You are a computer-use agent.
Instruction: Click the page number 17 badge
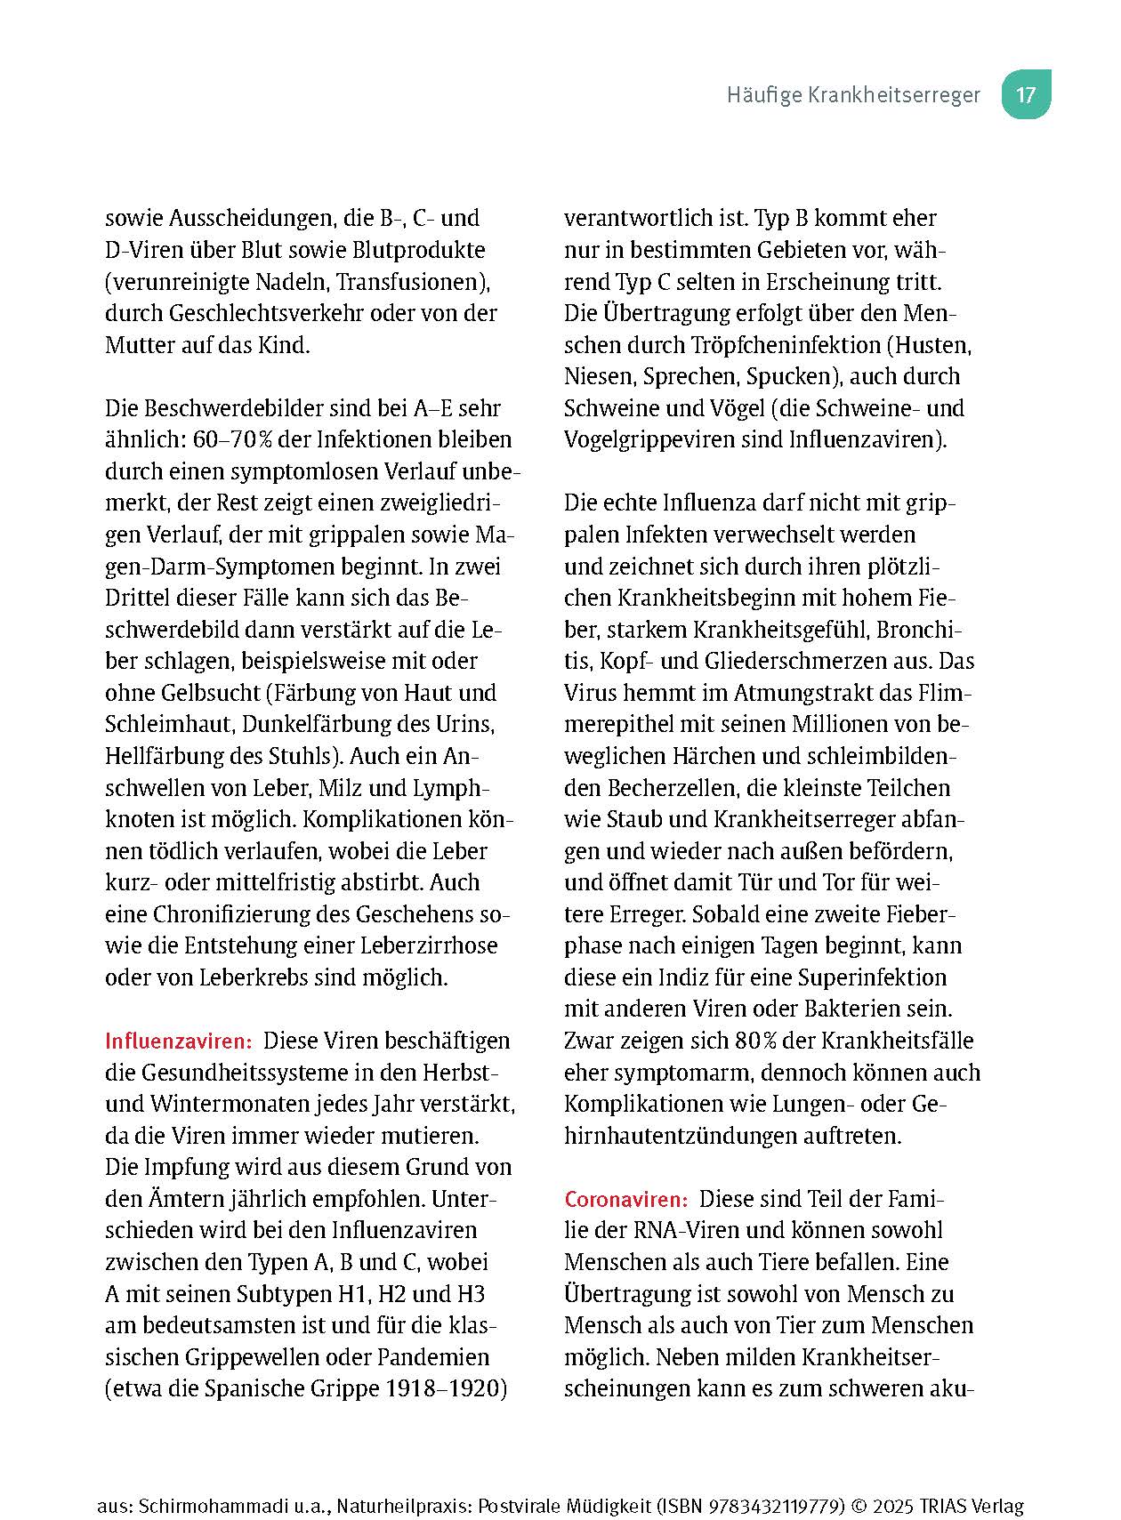tap(1026, 94)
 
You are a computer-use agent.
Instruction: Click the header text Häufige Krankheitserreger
tap(852, 95)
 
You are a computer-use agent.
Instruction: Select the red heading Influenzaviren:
tap(179, 1041)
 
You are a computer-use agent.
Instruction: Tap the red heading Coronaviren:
tap(625, 1200)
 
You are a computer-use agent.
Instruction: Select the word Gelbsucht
tap(206, 693)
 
